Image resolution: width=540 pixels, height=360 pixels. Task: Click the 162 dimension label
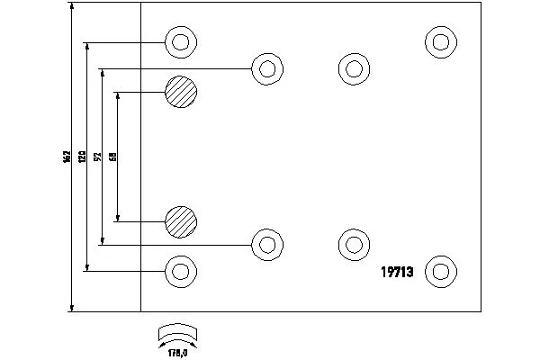tap(67, 157)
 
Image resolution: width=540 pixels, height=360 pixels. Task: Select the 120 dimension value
tap(83, 157)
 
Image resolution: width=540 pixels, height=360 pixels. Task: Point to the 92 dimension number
tap(97, 157)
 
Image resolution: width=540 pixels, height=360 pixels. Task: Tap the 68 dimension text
tap(112, 157)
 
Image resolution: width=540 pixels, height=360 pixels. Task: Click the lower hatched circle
tap(180, 220)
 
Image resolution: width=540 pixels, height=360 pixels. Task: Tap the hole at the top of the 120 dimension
tap(180, 41)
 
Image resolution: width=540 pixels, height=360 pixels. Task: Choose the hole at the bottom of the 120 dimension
tap(180, 270)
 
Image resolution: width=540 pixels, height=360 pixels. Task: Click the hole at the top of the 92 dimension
tap(265, 68)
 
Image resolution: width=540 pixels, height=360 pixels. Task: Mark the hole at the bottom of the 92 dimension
tap(265, 243)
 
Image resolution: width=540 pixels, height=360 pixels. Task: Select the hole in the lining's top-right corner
tap(439, 41)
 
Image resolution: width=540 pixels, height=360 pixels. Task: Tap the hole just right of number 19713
tap(439, 270)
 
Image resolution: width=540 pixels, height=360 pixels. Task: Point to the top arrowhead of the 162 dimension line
tap(70, 6)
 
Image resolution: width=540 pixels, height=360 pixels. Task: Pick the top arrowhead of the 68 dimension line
tap(118, 94)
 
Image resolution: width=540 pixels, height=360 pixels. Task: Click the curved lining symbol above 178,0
tap(176, 333)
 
